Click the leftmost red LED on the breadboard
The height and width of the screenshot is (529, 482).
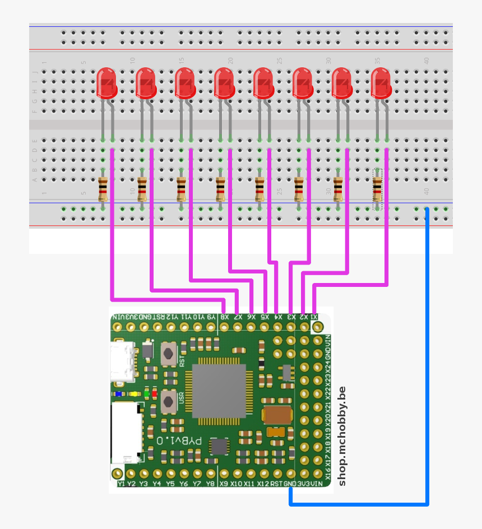[106, 82]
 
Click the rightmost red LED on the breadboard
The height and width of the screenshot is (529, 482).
[381, 82]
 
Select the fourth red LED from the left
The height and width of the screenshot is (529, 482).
[224, 82]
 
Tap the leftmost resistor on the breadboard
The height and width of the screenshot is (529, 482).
[103, 189]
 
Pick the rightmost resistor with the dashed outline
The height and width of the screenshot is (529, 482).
[377, 189]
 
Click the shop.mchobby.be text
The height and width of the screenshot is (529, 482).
[342, 435]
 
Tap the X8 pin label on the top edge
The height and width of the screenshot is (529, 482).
[224, 317]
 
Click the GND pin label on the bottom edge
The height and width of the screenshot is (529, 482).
[290, 483]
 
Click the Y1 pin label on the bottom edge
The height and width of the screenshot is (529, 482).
[121, 483]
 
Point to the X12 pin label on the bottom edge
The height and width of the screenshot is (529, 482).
[263, 483]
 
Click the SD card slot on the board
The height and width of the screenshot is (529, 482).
[127, 431]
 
